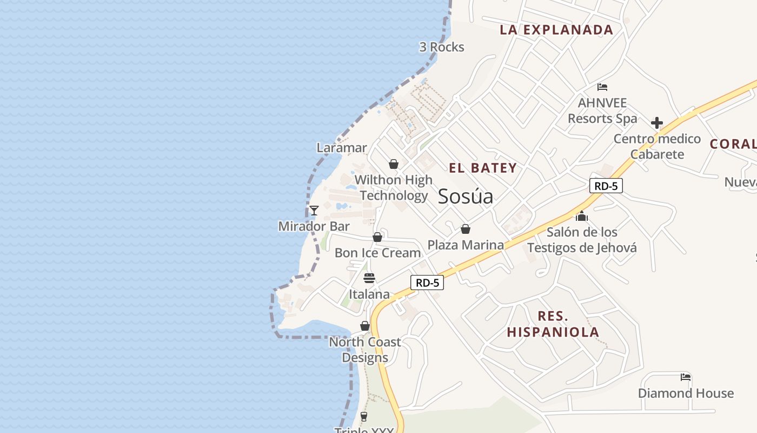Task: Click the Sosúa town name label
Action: [x=465, y=196]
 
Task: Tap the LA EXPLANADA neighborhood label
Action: [x=556, y=30]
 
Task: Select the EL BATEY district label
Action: [x=483, y=168]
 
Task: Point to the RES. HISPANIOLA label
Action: [x=553, y=324]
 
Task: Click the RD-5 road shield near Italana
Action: [x=427, y=282]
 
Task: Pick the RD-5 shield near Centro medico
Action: [x=606, y=186]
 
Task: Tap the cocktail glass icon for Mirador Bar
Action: [x=314, y=211]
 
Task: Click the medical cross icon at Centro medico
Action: [x=657, y=123]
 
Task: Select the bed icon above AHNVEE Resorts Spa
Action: [x=602, y=87]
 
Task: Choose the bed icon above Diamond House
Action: [x=686, y=377]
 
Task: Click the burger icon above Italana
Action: [x=369, y=278]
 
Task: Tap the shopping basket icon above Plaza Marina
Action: [x=465, y=229]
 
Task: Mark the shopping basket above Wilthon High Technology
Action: [x=394, y=164]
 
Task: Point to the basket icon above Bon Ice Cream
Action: [x=377, y=237]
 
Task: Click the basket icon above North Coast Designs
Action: [x=365, y=326]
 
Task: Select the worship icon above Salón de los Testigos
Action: [x=582, y=216]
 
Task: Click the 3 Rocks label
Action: [x=442, y=47]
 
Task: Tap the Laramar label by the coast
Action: [x=342, y=148]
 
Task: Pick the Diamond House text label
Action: [x=686, y=393]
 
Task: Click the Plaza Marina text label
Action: [x=466, y=245]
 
